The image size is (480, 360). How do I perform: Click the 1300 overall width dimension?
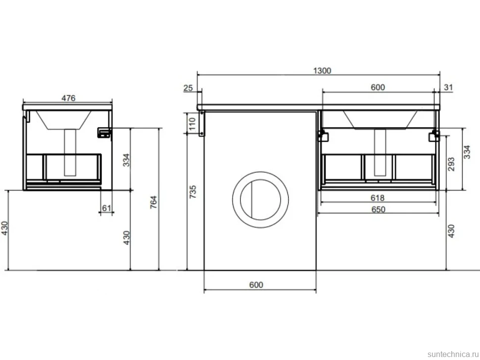[x=322, y=71]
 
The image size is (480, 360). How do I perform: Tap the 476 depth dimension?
[x=68, y=98]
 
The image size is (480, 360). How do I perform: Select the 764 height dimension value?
[x=153, y=202]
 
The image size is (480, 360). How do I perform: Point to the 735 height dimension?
[x=192, y=192]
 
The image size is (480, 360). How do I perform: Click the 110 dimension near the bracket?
[x=192, y=124]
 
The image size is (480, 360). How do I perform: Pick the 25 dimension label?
[x=188, y=88]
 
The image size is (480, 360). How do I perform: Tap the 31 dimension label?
[x=448, y=87]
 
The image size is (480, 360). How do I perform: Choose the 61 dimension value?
[x=106, y=208]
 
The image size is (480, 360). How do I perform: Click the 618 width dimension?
[x=378, y=198]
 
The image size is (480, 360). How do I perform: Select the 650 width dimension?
[x=378, y=210]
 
